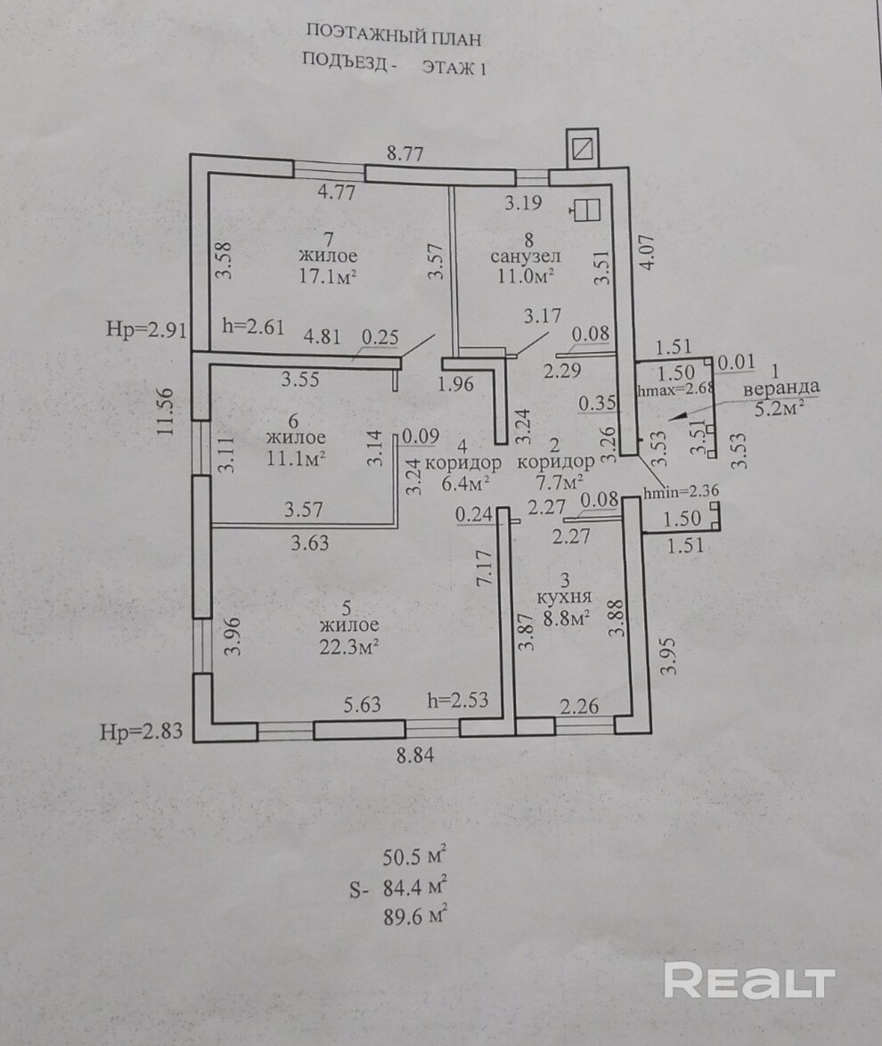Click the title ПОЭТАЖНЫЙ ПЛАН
pos(394,35)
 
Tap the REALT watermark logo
pos(749,981)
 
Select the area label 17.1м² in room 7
pos(329,275)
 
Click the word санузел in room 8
pos(526,257)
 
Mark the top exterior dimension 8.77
pos(404,152)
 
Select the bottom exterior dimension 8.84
pos(418,756)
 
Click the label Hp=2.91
pos(145,330)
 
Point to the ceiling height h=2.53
pos(459,700)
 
